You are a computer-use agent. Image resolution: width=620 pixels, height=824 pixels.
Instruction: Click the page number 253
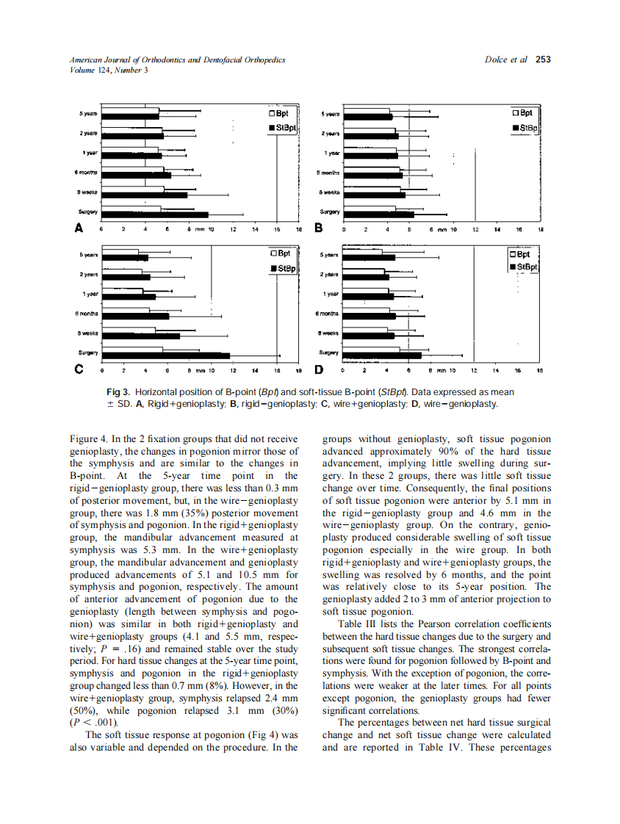(543, 60)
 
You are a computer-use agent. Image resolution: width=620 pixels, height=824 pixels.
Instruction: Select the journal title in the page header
(177, 60)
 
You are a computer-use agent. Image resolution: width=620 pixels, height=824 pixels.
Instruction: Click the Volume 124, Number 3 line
(109, 71)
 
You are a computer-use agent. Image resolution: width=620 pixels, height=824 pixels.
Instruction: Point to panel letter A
(77, 228)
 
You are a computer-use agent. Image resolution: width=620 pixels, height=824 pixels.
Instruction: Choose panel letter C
(77, 369)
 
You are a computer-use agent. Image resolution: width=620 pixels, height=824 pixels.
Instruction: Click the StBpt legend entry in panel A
(282, 129)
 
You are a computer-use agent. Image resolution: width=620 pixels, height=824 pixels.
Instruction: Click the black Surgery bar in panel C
(165, 355)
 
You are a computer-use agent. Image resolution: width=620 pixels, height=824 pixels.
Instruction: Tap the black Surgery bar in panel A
(155, 215)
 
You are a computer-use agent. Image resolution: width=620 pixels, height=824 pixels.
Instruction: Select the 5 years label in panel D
(330, 255)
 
